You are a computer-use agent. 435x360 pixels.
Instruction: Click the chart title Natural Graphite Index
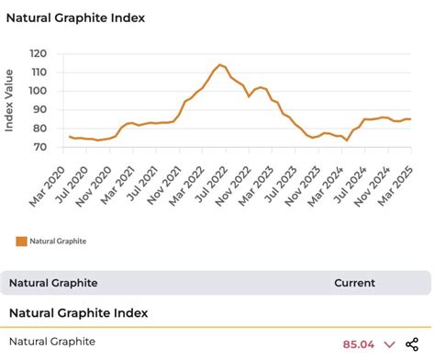click(x=75, y=17)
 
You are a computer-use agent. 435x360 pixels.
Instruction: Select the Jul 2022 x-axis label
click(x=208, y=179)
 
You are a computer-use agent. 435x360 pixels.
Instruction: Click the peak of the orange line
click(x=219, y=64)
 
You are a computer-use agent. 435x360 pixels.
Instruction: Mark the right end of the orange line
click(x=409, y=118)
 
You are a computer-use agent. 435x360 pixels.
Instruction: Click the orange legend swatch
click(x=22, y=242)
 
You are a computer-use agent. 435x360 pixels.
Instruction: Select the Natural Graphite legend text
click(x=58, y=242)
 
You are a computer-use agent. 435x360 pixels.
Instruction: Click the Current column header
click(x=354, y=283)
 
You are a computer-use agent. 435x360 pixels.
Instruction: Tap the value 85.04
click(x=357, y=343)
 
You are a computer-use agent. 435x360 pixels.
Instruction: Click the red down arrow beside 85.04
click(x=388, y=344)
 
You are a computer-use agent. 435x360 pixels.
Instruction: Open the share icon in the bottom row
click(x=412, y=343)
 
